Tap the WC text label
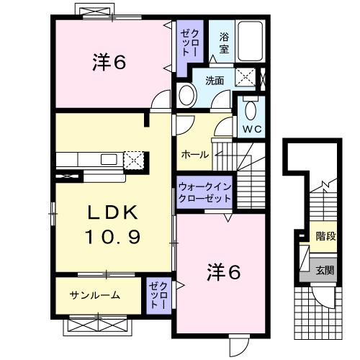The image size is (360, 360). tap(251, 130)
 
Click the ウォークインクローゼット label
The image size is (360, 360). tap(204, 192)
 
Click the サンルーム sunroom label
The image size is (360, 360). tap(94, 295)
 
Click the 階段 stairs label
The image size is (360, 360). tap(325, 235)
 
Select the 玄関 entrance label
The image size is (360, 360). tap(325, 271)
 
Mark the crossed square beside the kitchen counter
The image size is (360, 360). tap(135, 160)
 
